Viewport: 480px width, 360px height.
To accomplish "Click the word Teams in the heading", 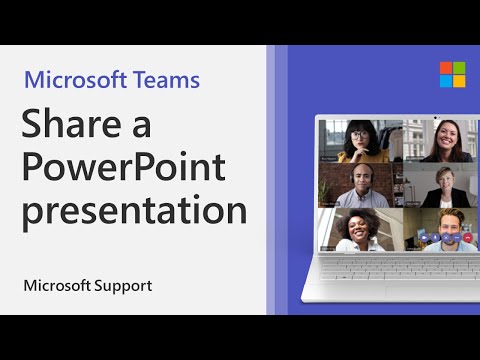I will point(166,79).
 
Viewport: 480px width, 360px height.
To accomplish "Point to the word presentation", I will point(135,213).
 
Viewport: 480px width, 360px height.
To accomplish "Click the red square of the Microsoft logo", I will point(445,68).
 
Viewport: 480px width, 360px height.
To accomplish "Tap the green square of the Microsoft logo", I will point(459,68).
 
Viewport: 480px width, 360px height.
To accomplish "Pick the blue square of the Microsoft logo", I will point(445,81).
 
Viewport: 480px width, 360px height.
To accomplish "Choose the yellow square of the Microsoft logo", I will point(459,81).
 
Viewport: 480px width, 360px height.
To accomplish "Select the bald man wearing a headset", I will point(358,186).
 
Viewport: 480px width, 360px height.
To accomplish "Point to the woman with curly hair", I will point(358,231).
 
